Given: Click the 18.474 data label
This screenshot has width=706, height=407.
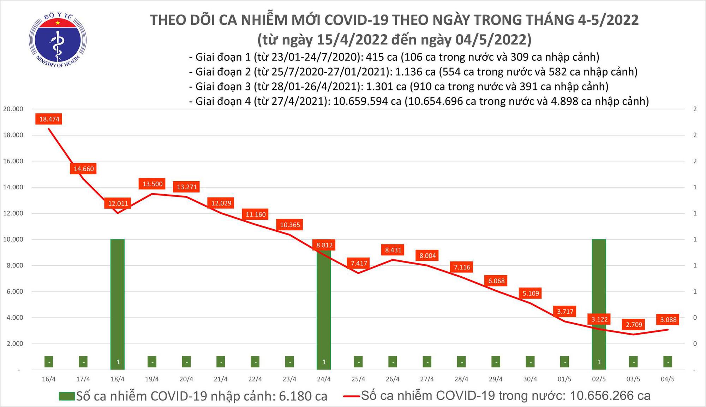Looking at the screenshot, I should pos(49,119).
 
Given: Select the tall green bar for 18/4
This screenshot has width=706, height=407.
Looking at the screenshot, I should pos(118,300).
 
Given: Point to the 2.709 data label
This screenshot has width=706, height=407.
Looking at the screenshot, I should pos(634,324).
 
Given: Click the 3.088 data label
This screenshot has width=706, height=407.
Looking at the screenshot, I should pos(668,320).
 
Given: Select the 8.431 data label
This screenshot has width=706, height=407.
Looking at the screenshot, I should pos(393,250).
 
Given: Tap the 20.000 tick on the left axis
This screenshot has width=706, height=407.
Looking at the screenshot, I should pos(13,109).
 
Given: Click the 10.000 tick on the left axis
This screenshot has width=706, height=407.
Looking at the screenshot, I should pos(13,240).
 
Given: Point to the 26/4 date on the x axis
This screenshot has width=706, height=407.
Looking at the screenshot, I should pos(393,379).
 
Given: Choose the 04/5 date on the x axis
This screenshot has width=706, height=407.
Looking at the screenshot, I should pos(668,379).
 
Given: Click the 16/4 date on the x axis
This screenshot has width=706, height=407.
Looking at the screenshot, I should pos(49,379).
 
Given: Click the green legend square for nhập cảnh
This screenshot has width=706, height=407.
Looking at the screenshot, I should pos(67,396).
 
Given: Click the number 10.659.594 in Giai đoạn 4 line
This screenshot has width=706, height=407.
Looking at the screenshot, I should pos(367,101).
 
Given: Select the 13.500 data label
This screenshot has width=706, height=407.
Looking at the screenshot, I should pos(152,184).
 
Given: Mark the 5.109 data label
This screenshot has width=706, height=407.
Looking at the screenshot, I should pos(531,293).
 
